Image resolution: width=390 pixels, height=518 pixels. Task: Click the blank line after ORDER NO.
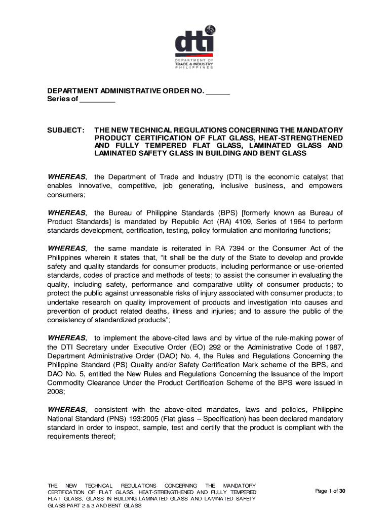click(x=218, y=92)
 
